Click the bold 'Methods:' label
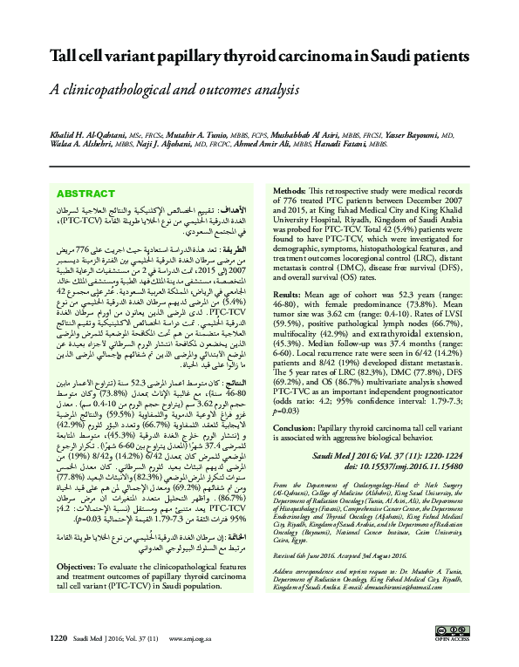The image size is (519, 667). click(x=291, y=189)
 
